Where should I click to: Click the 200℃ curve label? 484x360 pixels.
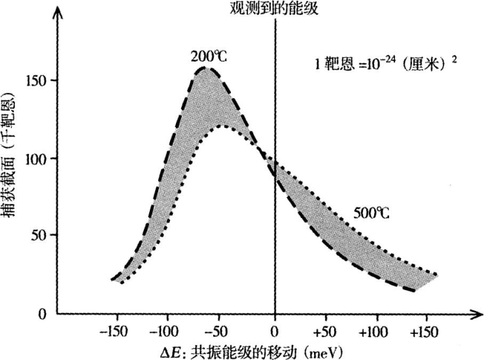209,56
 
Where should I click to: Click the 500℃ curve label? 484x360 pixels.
372,213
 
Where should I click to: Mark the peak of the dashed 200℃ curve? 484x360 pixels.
206,67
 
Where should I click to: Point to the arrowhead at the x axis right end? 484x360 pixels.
472,314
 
